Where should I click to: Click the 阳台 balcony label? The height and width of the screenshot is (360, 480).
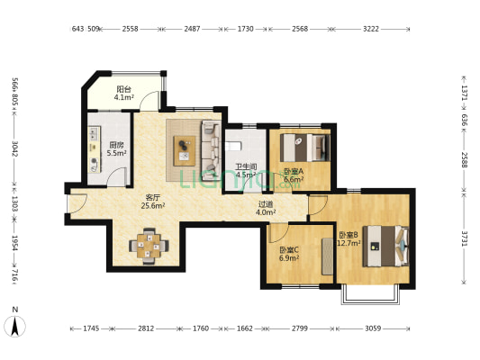123,89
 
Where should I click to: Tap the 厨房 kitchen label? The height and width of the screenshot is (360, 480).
117,145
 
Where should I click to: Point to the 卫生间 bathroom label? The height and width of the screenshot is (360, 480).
246,167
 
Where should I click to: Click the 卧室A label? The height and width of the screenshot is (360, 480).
294,172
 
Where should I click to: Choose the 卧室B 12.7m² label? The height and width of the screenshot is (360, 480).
349,238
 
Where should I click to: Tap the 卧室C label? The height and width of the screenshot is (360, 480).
289,250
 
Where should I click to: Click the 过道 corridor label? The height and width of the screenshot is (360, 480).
266,204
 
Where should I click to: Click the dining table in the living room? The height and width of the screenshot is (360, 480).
149,246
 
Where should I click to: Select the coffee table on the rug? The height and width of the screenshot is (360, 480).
185,151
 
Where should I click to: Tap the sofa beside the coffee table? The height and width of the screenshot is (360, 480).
211,146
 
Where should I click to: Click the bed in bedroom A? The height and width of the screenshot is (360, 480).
305,148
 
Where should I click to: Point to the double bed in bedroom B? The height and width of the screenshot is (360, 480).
386,247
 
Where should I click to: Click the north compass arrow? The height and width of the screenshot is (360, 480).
14,327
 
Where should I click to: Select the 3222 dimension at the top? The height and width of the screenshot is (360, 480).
371,29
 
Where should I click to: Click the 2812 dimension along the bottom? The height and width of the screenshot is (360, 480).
146,328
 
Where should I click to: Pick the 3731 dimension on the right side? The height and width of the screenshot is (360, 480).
465,238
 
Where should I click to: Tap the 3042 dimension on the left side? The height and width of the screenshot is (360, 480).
14,148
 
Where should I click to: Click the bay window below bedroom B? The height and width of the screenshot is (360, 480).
370,294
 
